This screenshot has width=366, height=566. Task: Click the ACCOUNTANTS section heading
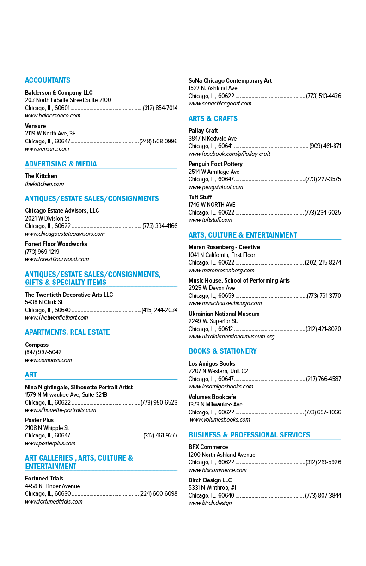tap(48, 80)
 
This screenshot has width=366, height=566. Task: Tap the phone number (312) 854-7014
tap(160, 108)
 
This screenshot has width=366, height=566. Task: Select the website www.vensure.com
tap(47, 148)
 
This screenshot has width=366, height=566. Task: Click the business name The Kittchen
tap(41, 176)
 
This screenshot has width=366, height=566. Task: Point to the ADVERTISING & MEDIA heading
tap(61, 164)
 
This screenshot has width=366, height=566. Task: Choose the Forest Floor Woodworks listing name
tap(56, 244)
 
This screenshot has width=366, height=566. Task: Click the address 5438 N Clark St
tap(44, 302)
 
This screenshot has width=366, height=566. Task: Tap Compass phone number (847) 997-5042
tap(43, 352)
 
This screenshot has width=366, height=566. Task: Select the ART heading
tap(31, 375)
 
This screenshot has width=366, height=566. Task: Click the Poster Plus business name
tap(39, 420)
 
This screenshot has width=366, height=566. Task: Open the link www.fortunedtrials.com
tap(54, 501)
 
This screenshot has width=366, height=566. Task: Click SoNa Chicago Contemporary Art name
tap(230, 80)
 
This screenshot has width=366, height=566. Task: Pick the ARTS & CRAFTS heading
tap(213, 118)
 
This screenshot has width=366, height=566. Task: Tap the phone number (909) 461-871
tap(325, 146)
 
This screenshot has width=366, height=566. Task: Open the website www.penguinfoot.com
tap(216, 187)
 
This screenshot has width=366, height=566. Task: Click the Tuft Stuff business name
tap(200, 197)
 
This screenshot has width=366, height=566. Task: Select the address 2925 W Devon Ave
tap(212, 288)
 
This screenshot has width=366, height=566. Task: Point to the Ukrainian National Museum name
tap(224, 314)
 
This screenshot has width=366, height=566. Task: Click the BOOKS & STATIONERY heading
tap(223, 351)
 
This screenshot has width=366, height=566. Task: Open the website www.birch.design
tap(210, 503)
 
